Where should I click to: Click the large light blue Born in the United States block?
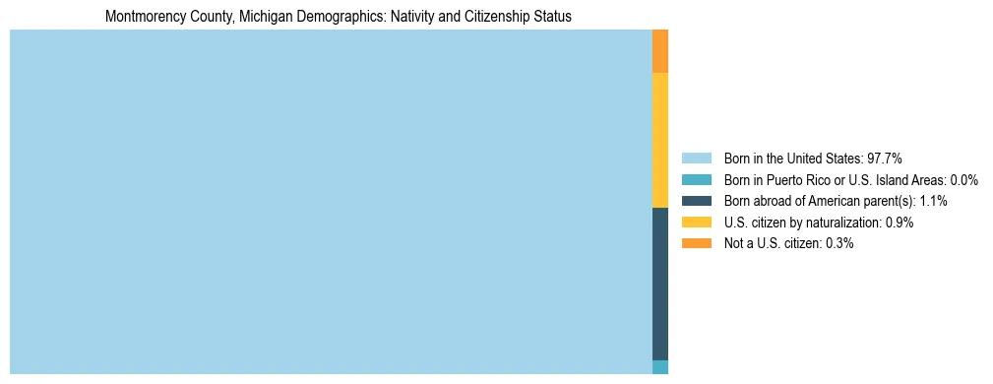[x=331, y=202]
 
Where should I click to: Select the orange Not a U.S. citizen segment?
[x=660, y=51]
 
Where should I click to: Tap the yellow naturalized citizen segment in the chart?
[x=660, y=140]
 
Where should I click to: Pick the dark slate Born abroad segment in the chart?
[x=660, y=284]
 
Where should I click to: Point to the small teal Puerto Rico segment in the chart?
[x=660, y=367]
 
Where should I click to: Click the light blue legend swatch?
[x=696, y=159]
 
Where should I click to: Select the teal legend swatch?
[x=696, y=180]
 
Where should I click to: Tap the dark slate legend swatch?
[x=696, y=201]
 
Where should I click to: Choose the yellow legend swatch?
[x=696, y=223]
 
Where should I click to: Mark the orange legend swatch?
[x=696, y=243]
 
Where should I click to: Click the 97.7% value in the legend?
[x=885, y=159]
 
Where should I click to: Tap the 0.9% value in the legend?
[x=900, y=223]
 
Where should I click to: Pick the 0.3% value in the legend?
[x=839, y=243]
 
